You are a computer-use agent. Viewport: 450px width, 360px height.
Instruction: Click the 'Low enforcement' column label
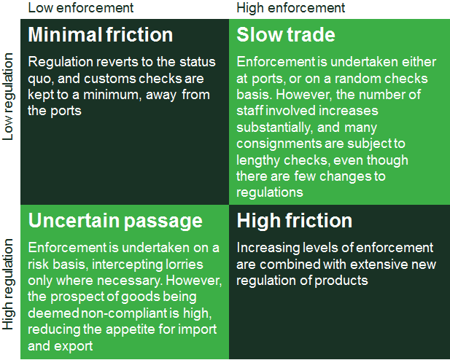[81, 8]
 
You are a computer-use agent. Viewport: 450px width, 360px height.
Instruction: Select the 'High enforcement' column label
[291, 8]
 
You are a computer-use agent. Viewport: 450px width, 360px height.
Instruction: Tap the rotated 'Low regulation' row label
[8, 97]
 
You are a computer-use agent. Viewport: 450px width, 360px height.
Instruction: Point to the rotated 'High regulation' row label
[8, 284]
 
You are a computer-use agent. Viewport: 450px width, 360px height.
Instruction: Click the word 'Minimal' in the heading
[65, 35]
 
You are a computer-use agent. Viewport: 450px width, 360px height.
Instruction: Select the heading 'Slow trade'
[286, 35]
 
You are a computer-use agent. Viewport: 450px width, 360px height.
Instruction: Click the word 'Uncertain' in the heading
[74, 220]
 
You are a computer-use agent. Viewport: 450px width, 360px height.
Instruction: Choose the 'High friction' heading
[295, 220]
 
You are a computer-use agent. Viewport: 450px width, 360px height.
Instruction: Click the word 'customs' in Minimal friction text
[110, 79]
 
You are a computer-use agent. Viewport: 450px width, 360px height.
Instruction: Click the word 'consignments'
[279, 144]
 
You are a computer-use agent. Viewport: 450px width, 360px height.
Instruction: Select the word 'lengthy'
[258, 160]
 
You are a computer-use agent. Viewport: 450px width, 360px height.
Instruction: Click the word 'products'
[341, 281]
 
